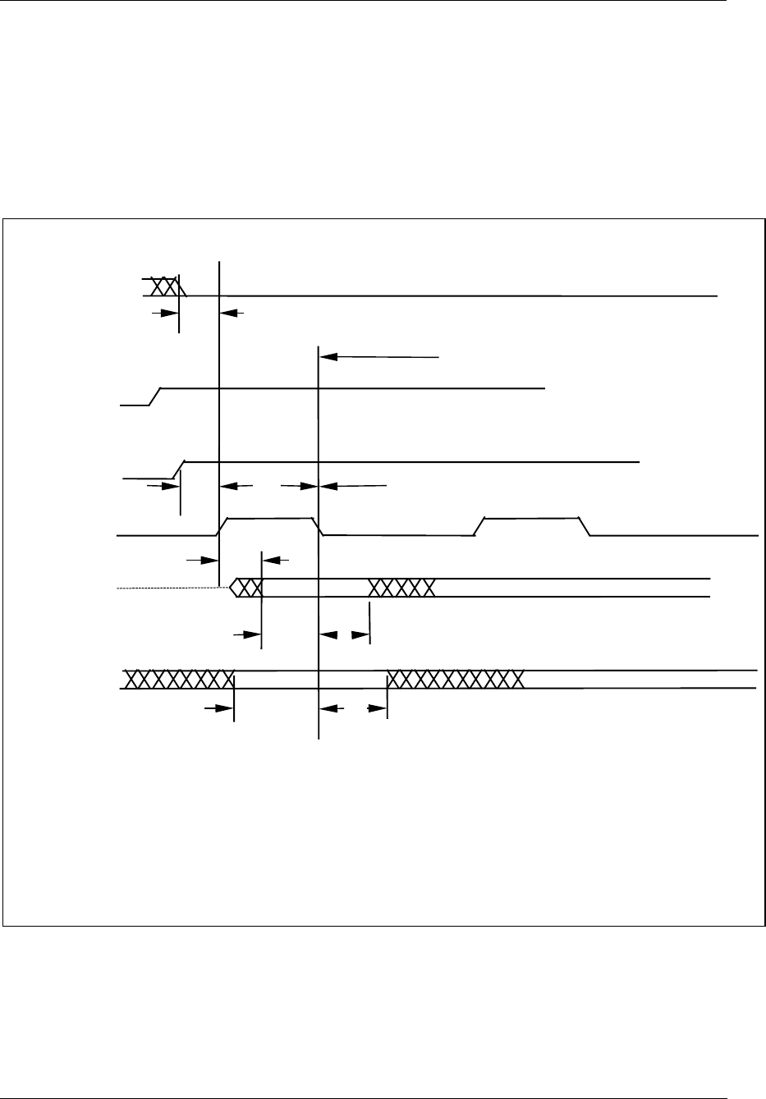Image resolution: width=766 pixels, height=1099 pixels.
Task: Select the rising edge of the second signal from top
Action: coord(154,396)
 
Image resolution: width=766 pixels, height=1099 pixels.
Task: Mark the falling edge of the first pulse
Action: coord(319,527)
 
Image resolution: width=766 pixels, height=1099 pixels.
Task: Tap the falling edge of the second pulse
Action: coord(585,527)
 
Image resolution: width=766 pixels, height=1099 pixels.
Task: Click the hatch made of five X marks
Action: coord(401,588)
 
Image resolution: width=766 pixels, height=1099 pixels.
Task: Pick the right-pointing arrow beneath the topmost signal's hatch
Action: coord(165,312)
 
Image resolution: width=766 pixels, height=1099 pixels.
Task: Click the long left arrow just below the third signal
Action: coord(353,486)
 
